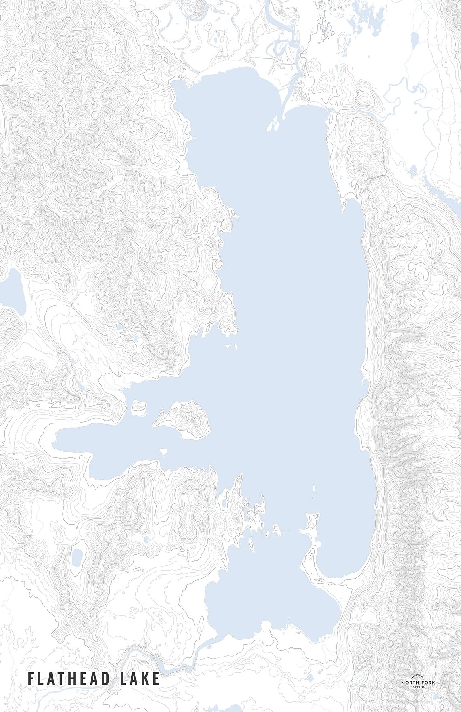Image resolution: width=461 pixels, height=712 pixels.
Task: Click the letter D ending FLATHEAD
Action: tap(106, 678)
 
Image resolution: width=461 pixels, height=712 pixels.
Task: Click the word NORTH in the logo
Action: tap(409, 683)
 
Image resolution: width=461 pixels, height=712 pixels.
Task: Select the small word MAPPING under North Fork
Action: tap(417, 687)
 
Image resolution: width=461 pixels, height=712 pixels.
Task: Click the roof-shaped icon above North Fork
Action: tap(417, 676)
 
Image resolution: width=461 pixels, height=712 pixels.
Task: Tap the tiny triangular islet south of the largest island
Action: tap(164, 451)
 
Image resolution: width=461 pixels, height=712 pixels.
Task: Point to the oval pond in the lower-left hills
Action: tap(77, 558)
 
